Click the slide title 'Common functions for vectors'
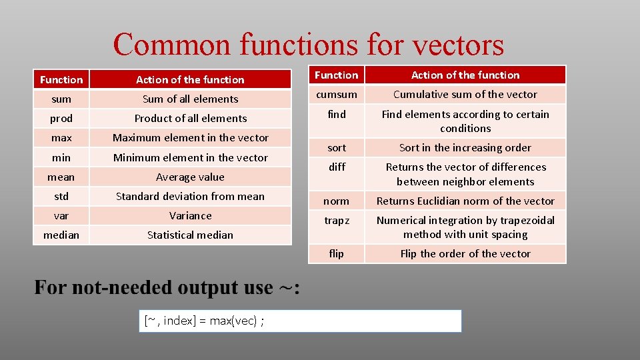(308, 45)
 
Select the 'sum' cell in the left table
(61, 99)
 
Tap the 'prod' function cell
(61, 118)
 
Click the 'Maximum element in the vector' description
(190, 137)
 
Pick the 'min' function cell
(61, 157)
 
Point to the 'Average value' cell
(190, 177)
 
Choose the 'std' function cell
(61, 196)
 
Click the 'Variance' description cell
(190, 215)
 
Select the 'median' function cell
(61, 235)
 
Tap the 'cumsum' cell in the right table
(337, 95)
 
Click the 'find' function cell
(337, 115)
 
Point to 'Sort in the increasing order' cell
(465, 147)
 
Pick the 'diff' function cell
(337, 167)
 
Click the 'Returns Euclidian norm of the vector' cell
(465, 201)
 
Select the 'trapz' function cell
(337, 221)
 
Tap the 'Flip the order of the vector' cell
(465, 253)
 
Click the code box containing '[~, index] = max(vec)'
(300, 321)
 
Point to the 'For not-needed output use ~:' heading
(167, 288)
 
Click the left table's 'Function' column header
(61, 79)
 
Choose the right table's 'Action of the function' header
(465, 75)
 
